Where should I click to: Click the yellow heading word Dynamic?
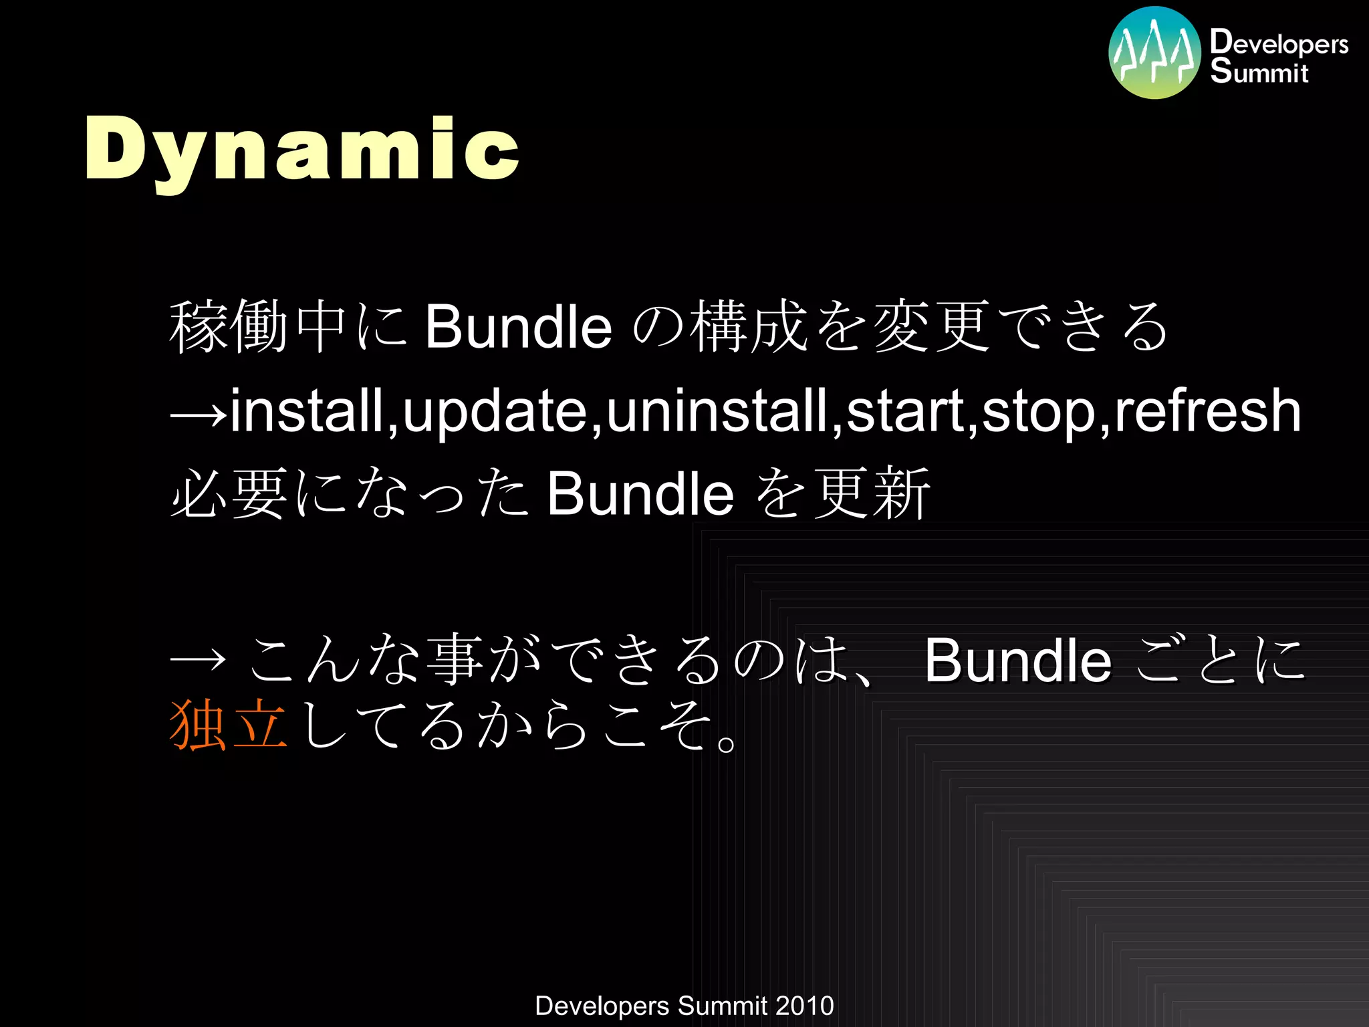(x=302, y=150)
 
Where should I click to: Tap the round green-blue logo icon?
(x=1154, y=53)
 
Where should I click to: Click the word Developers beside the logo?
(x=1279, y=43)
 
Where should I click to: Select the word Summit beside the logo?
(x=1259, y=72)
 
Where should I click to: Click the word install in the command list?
(x=307, y=410)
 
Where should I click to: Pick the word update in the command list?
(x=495, y=410)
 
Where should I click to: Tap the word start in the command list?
(x=904, y=410)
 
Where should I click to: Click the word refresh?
(x=1207, y=410)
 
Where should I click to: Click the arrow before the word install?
(x=199, y=415)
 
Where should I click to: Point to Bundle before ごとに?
(x=1017, y=661)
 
